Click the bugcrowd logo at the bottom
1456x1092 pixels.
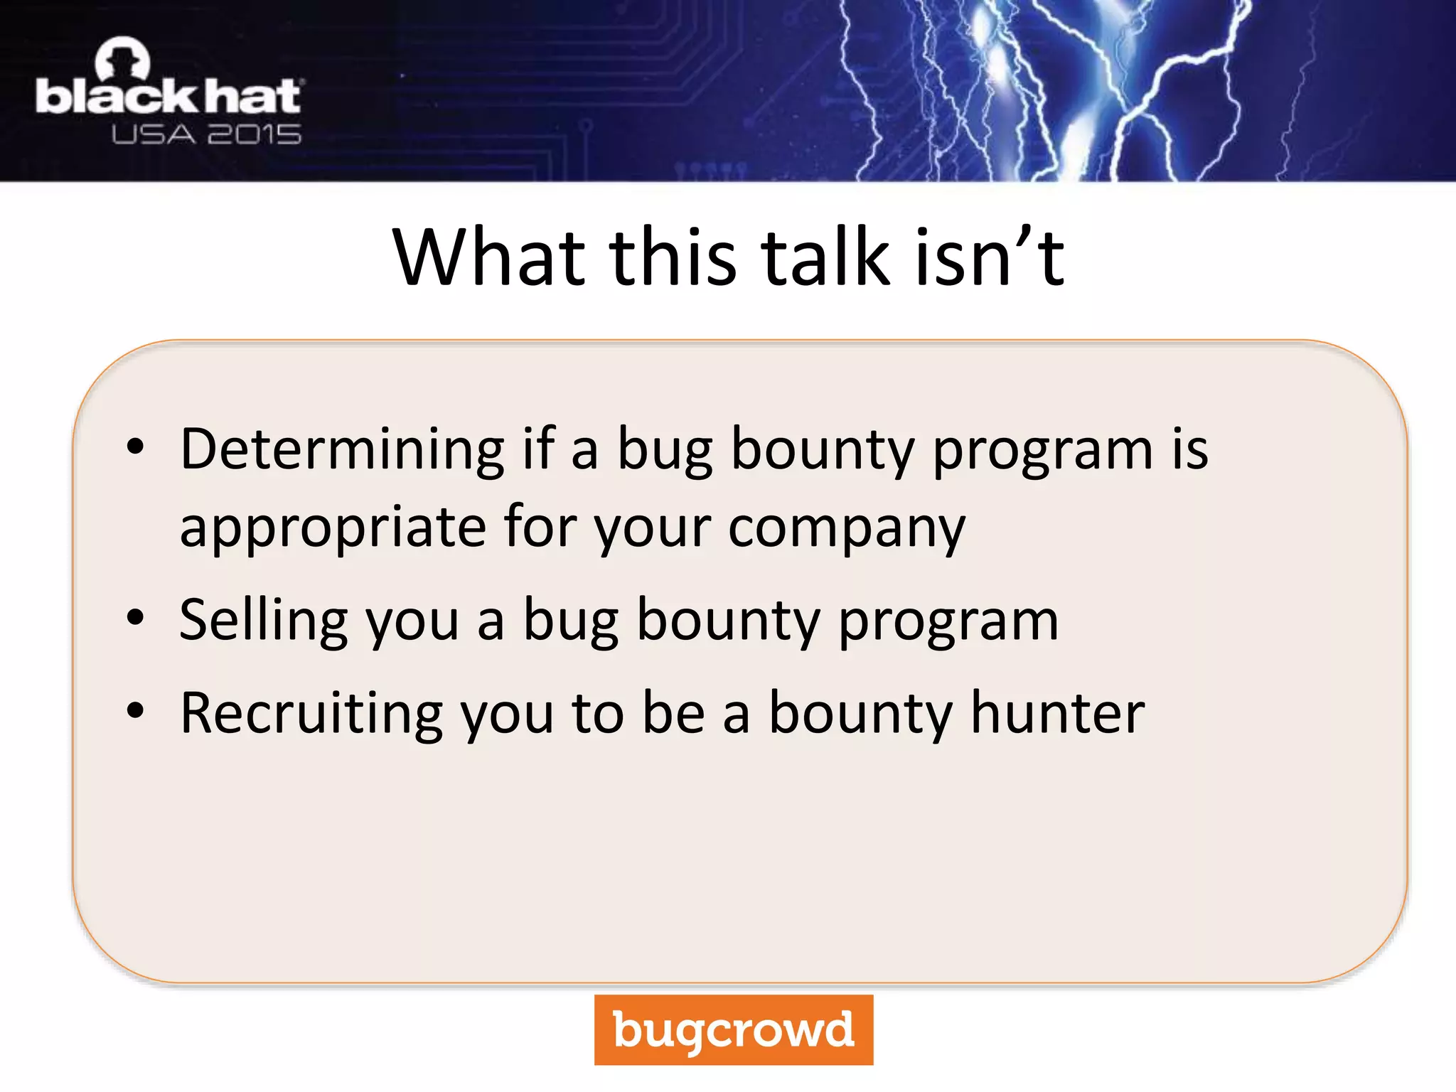tap(733, 1029)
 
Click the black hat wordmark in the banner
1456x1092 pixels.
tap(168, 97)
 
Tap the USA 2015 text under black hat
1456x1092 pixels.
tap(206, 134)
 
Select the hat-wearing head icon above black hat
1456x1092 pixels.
tap(122, 59)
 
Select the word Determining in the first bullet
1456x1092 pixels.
tap(342, 450)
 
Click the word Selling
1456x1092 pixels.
tap(263, 621)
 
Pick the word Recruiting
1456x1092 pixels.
tap(311, 713)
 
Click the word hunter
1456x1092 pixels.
tap(1058, 713)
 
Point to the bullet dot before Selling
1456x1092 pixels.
tap(135, 618)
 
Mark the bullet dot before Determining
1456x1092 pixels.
tap(135, 447)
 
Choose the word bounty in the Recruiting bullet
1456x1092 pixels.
tap(861, 714)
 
